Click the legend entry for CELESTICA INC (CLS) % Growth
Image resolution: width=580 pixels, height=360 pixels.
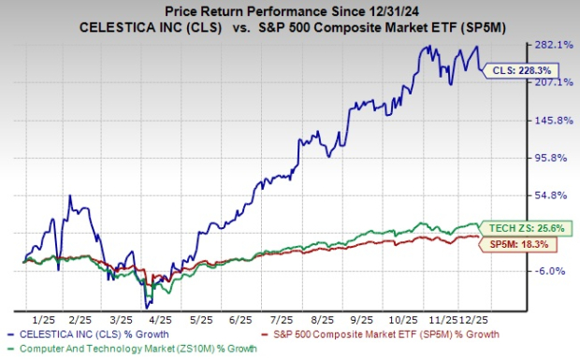pyautogui.click(x=93, y=333)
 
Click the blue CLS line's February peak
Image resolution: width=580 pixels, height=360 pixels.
pyautogui.click(x=69, y=195)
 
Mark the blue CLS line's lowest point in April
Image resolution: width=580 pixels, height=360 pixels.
pyautogui.click(x=147, y=307)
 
